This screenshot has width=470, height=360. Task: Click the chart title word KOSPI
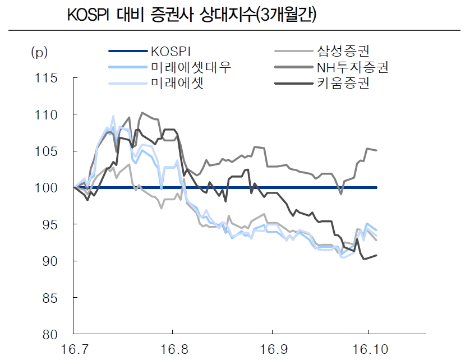tap(88, 15)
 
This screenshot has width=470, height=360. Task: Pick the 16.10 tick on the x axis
tap(368, 349)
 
